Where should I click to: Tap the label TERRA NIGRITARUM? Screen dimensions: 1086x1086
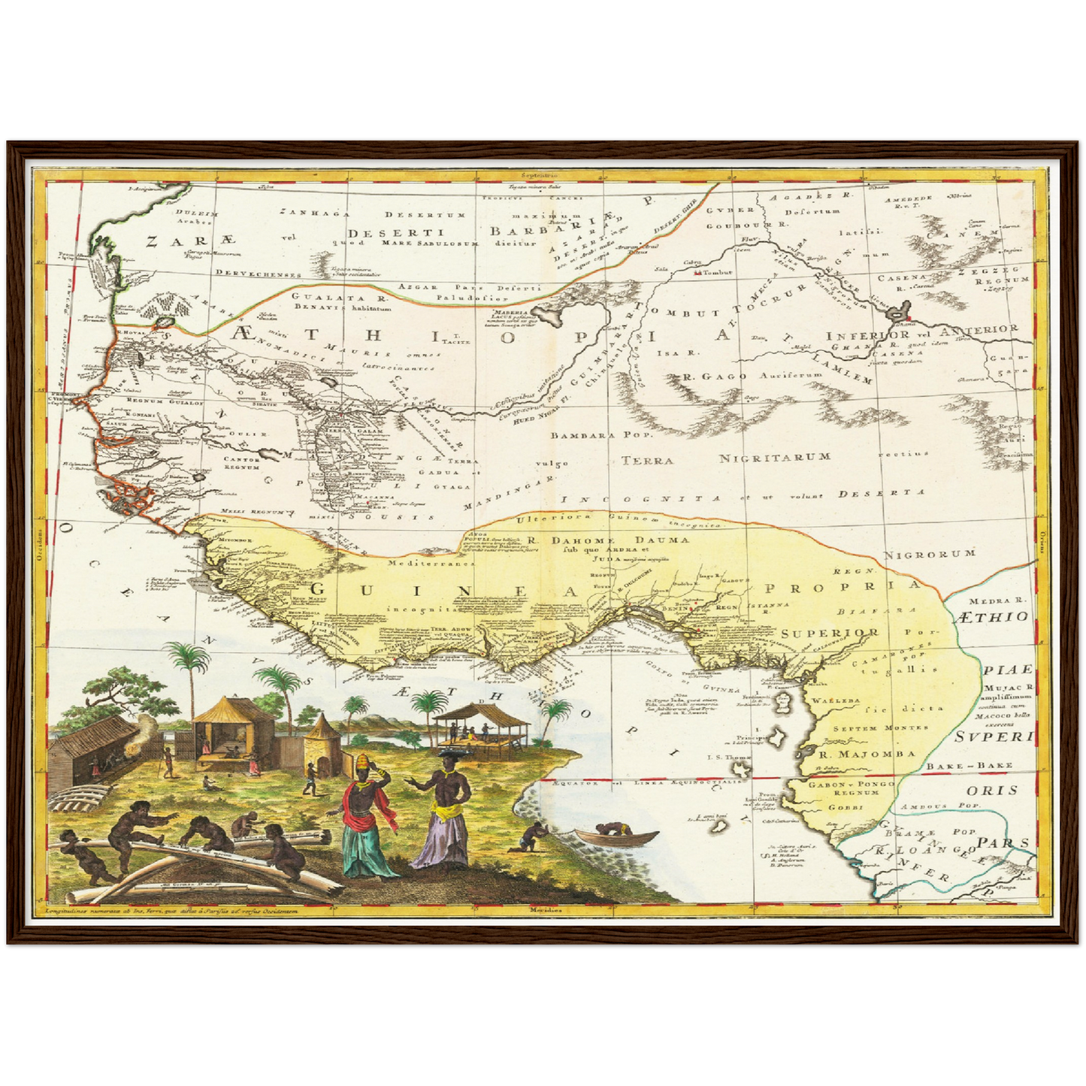725,458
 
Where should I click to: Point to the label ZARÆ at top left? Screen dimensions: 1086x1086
192,241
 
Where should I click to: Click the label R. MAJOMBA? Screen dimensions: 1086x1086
856,754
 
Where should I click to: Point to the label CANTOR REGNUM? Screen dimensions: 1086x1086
241,463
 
